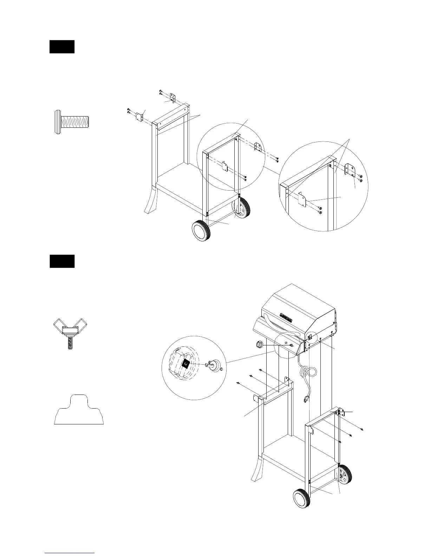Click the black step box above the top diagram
tap(62, 47)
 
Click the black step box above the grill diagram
tap(62, 261)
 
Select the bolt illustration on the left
tap(72, 122)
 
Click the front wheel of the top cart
tap(201, 231)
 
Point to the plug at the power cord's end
tap(305, 399)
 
